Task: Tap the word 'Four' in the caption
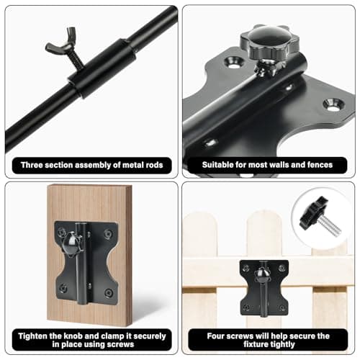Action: pos(207,336)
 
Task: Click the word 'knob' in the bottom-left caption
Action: pos(71,336)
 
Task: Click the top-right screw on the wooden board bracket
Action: pos(109,234)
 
